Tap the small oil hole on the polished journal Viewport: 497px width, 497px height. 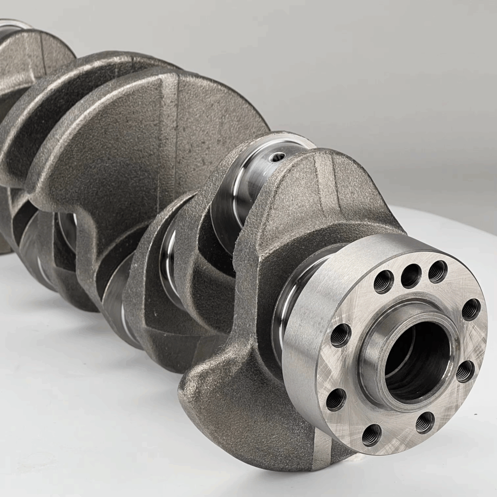click(278, 157)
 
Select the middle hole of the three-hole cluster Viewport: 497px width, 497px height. click(411, 275)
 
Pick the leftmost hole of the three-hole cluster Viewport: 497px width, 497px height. click(383, 281)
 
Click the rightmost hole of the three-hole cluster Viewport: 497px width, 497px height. click(437, 271)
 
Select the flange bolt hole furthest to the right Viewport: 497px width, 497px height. click(471, 309)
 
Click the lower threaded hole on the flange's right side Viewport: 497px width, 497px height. click(465, 371)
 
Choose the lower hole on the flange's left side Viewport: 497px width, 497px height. click(336, 399)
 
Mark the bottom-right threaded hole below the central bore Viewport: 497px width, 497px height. click(425, 422)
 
